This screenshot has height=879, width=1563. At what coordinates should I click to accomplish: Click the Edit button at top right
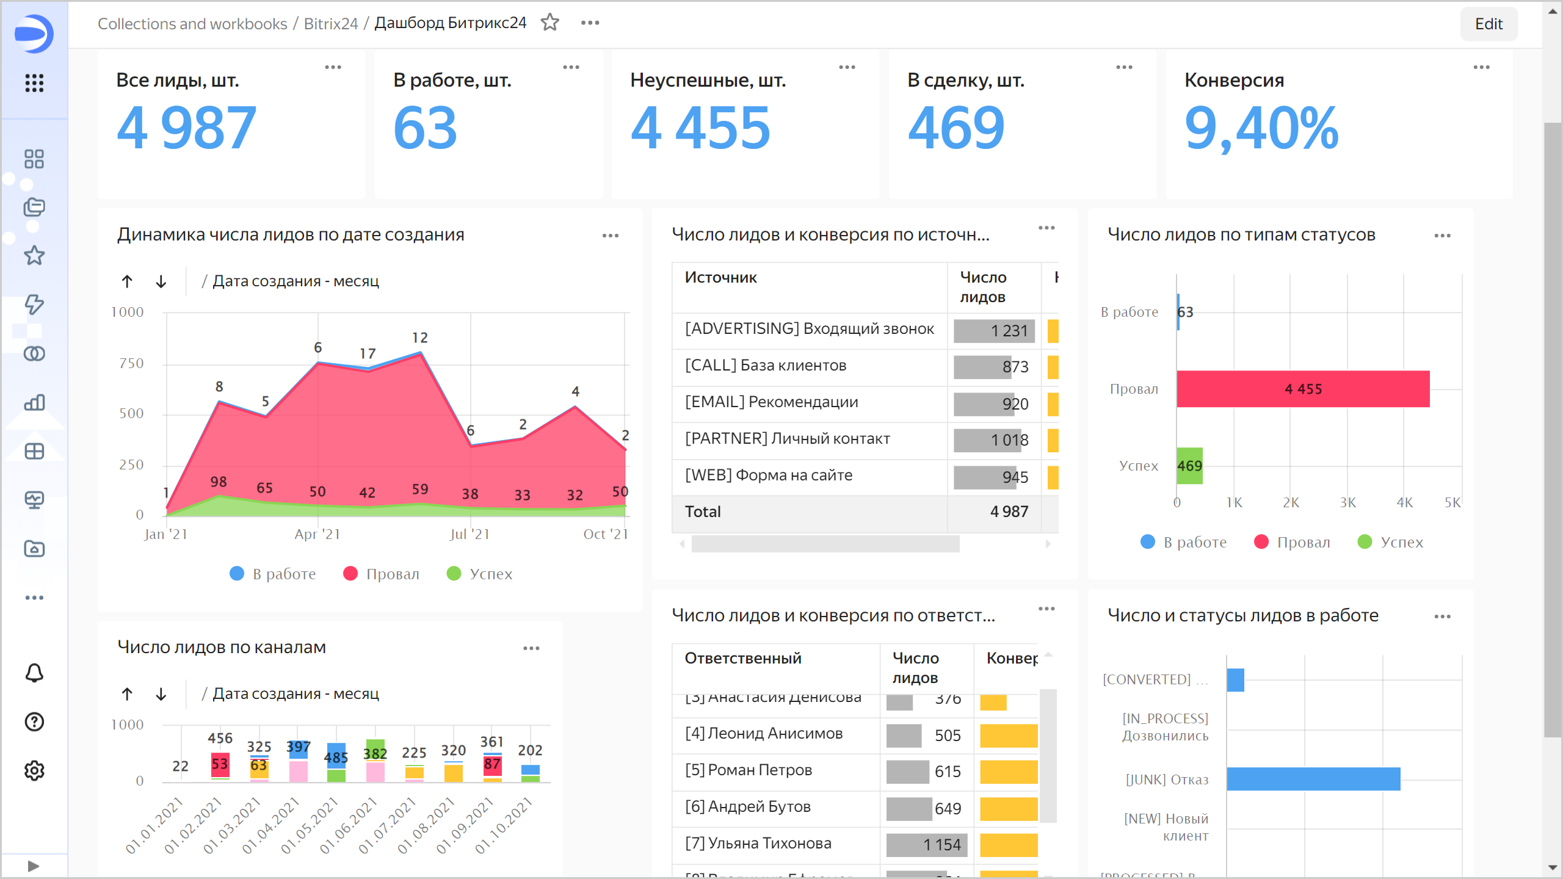[1488, 24]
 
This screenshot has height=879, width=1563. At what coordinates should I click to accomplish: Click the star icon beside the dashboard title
[549, 23]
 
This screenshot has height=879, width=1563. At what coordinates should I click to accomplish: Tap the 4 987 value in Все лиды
[186, 128]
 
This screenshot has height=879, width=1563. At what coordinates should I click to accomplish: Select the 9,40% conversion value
[1261, 128]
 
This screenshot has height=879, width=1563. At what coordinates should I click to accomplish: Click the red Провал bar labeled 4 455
[1302, 389]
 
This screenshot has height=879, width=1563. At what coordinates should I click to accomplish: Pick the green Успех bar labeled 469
[1189, 466]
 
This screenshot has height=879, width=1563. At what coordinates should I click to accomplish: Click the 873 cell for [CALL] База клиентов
[1015, 367]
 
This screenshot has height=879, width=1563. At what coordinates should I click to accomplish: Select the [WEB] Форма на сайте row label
[768, 475]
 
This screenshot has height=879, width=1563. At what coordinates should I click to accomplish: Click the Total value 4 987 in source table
[1009, 512]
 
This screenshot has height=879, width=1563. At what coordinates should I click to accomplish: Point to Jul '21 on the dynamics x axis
[470, 534]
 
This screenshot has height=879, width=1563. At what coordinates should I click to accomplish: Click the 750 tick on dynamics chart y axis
[131, 363]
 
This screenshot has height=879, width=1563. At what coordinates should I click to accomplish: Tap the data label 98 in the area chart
[219, 482]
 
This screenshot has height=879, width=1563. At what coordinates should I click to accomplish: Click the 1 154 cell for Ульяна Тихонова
[941, 845]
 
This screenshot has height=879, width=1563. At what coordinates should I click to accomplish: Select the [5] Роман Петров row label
[748, 770]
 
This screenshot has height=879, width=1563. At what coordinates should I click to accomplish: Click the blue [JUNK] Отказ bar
[1313, 779]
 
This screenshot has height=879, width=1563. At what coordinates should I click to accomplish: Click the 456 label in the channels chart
[220, 738]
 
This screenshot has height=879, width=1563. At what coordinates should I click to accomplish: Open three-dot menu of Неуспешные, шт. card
[847, 67]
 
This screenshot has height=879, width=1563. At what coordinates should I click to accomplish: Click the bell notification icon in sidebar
[34, 673]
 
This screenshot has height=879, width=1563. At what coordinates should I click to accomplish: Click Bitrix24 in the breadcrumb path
[330, 24]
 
